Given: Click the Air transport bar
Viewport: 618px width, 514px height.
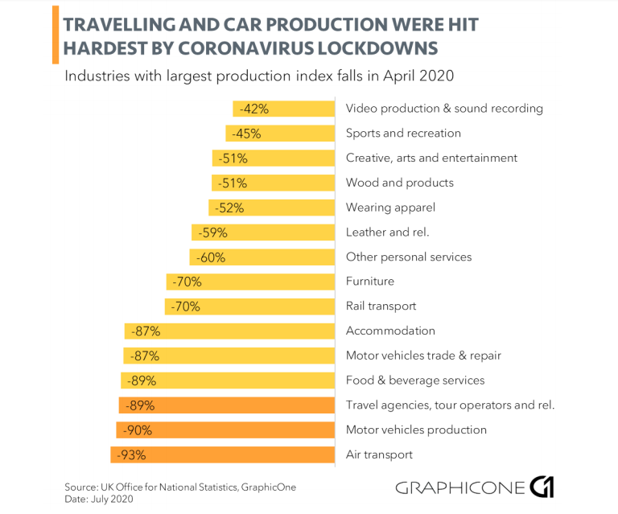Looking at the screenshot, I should click(222, 454).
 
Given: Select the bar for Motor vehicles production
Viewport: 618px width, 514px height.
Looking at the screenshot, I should click(225, 430).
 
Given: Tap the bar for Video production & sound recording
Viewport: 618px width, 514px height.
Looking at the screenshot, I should click(284, 109).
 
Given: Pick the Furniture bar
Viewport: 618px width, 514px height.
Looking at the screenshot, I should click(250, 282).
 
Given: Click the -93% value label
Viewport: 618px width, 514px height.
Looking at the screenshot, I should click(131, 454).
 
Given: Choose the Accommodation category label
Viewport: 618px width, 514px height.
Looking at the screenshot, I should click(390, 331).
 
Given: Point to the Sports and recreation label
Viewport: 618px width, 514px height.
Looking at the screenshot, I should click(403, 134).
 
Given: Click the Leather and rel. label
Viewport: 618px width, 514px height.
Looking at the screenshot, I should click(386, 232).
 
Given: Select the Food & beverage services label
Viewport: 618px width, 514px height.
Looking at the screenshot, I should click(415, 380).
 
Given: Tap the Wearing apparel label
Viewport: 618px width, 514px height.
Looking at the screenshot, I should click(390, 208).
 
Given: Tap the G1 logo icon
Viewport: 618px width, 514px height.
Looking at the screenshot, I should click(542, 487).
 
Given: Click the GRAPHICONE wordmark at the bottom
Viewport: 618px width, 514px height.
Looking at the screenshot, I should click(459, 487).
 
